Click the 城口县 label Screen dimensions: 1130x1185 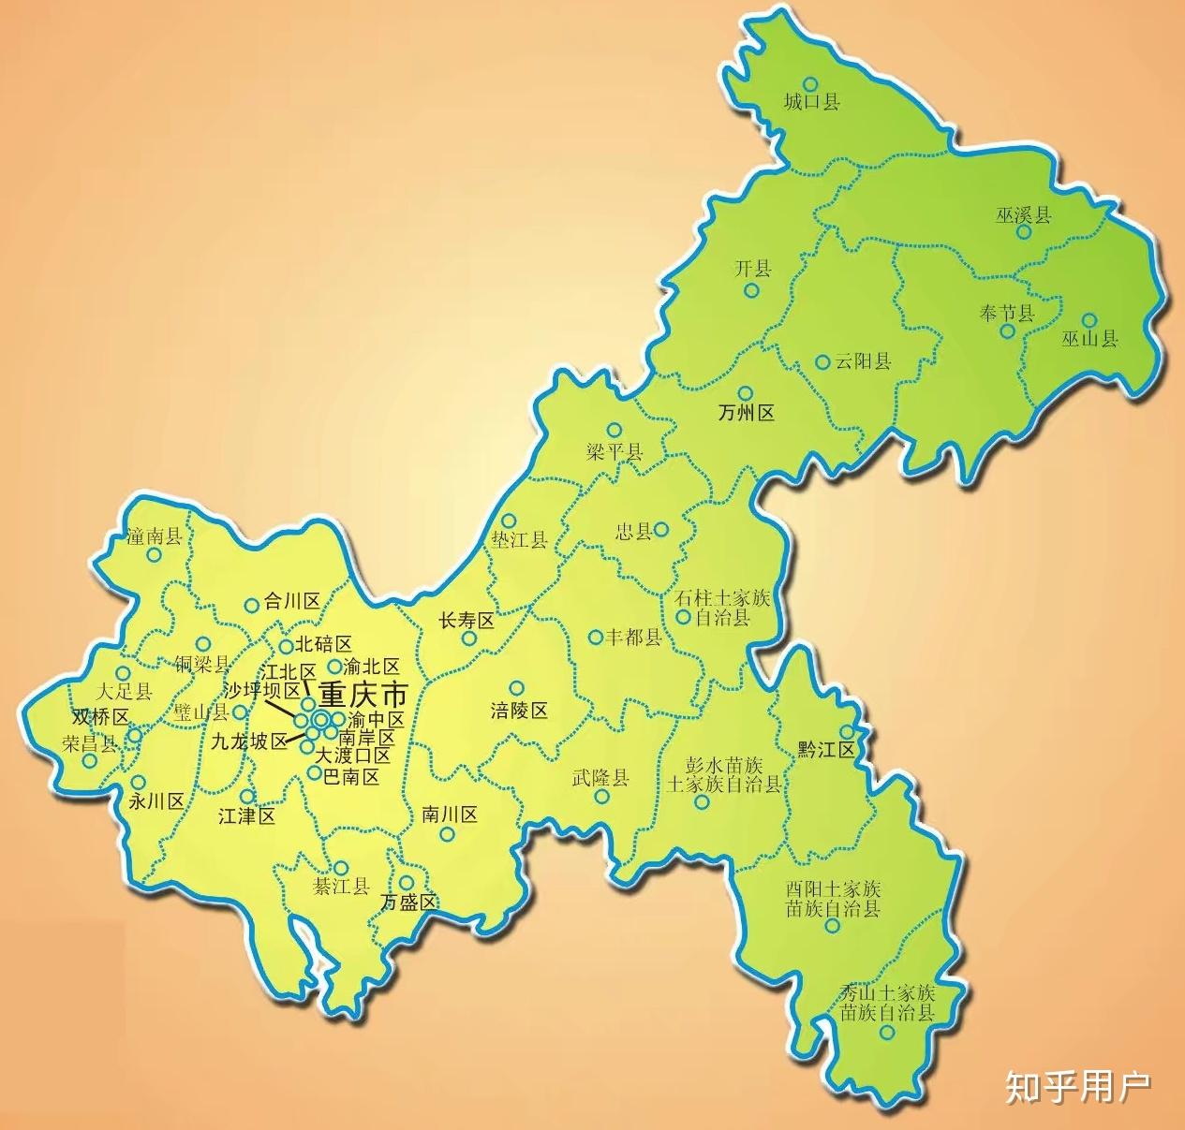coord(811,102)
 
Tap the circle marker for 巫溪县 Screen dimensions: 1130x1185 coord(1024,231)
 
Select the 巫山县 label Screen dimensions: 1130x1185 coord(1089,339)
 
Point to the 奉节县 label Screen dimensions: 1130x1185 coord(1006,313)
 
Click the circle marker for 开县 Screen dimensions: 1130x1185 coord(751,290)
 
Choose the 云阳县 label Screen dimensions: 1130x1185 coord(863,361)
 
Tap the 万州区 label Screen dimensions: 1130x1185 coord(746,413)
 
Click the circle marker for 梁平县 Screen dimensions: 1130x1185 coord(614,430)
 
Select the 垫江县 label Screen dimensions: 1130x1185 coord(519,540)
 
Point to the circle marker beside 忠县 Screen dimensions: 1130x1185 coord(661,530)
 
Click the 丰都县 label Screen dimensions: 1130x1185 coord(633,638)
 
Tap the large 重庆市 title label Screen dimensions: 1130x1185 coord(363,696)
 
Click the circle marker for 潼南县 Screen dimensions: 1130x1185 coord(155,555)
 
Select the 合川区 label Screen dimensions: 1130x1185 coord(292,601)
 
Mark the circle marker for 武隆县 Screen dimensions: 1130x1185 coord(601,798)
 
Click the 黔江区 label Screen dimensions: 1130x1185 coord(826,750)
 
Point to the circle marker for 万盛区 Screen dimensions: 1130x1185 coord(407,882)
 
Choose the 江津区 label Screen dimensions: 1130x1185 coord(246,815)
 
